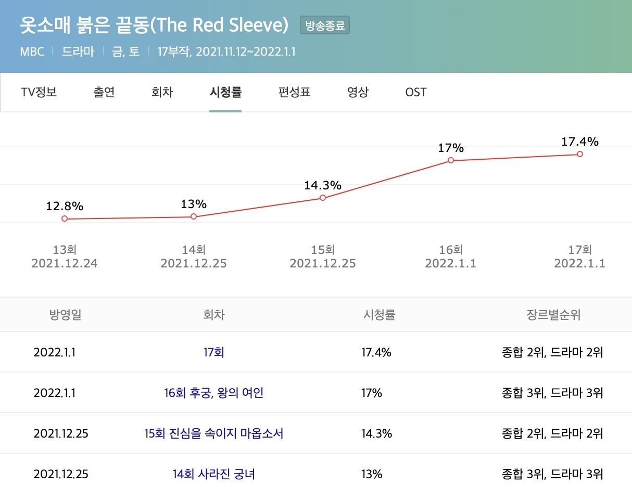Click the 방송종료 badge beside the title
pyautogui.click(x=325, y=25)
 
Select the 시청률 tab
pyautogui.click(x=225, y=93)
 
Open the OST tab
pyautogui.click(x=415, y=93)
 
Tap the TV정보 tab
pyautogui.click(x=39, y=93)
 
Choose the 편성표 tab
pyautogui.click(x=295, y=93)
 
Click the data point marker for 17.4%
pyautogui.click(x=580, y=154)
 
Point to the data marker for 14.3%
pyautogui.click(x=323, y=198)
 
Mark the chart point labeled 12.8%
pyautogui.click(x=65, y=219)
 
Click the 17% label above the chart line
pyautogui.click(x=451, y=148)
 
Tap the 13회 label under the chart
pyautogui.click(x=65, y=250)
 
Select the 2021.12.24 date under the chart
pyautogui.click(x=65, y=263)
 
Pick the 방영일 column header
pyautogui.click(x=66, y=315)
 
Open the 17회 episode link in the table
pyautogui.click(x=214, y=352)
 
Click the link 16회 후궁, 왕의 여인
pyautogui.click(x=214, y=393)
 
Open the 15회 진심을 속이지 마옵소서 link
pyautogui.click(x=214, y=433)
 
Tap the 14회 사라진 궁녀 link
pyautogui.click(x=214, y=474)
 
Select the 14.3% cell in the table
pyautogui.click(x=376, y=433)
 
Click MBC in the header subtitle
pyautogui.click(x=32, y=52)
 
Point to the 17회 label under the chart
pyautogui.click(x=580, y=250)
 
